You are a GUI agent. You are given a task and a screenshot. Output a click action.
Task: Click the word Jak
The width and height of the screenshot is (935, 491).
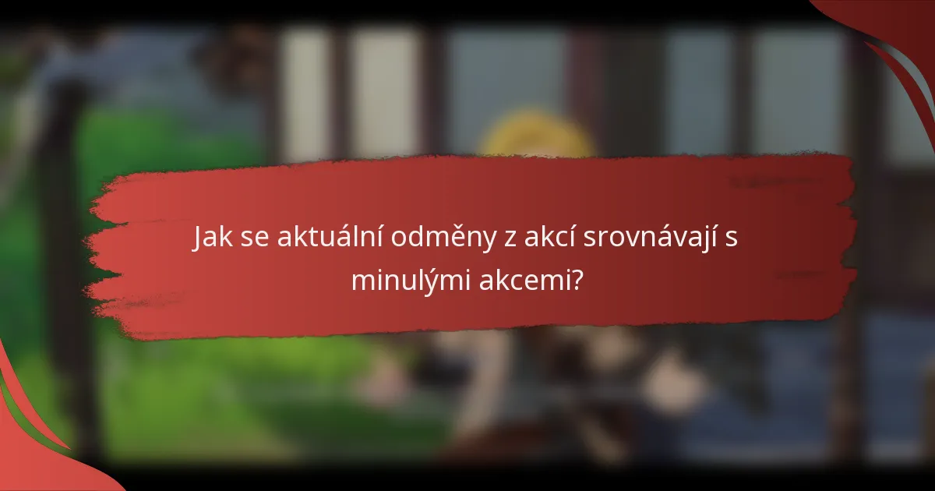tap(212, 239)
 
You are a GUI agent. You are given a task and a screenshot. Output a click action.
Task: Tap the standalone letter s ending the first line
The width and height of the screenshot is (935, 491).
tap(732, 241)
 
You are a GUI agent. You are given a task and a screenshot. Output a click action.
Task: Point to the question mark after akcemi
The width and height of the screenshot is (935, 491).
tap(577, 279)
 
